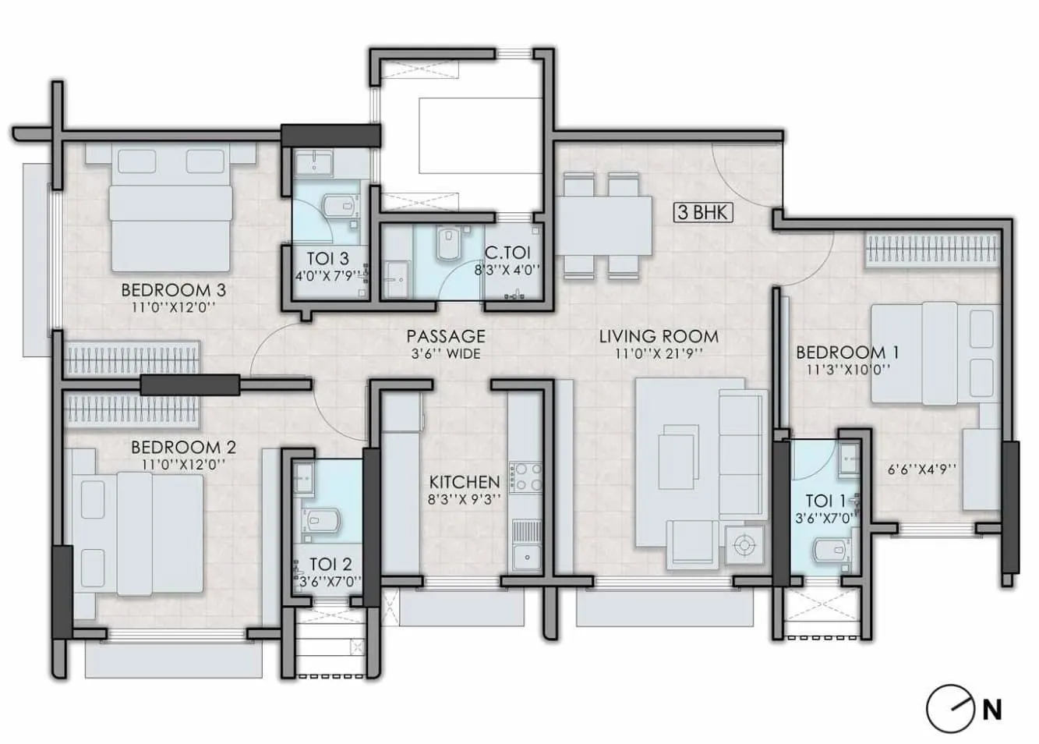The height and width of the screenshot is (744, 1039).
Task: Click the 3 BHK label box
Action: [x=703, y=211]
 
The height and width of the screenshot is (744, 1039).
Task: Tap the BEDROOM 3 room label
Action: [x=173, y=290]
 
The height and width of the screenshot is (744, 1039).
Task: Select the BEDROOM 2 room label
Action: [x=183, y=448]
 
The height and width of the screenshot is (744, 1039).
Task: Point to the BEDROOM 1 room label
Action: [x=846, y=353]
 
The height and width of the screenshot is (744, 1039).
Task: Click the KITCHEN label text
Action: [x=464, y=483]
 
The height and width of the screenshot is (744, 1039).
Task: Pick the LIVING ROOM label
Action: [x=659, y=337]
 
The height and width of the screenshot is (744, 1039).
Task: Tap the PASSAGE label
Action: [x=446, y=336]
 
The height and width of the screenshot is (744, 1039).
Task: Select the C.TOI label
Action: [x=507, y=253]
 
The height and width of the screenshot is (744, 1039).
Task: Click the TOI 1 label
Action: [x=825, y=501]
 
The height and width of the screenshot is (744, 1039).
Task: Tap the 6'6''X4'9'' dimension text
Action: [x=922, y=469]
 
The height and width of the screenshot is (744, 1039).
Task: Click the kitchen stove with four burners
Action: [x=526, y=477]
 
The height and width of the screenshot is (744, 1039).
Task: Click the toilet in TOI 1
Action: [x=825, y=551]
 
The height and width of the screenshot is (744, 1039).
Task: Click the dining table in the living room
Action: [x=606, y=225]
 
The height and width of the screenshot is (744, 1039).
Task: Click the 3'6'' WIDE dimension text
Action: [x=445, y=354]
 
